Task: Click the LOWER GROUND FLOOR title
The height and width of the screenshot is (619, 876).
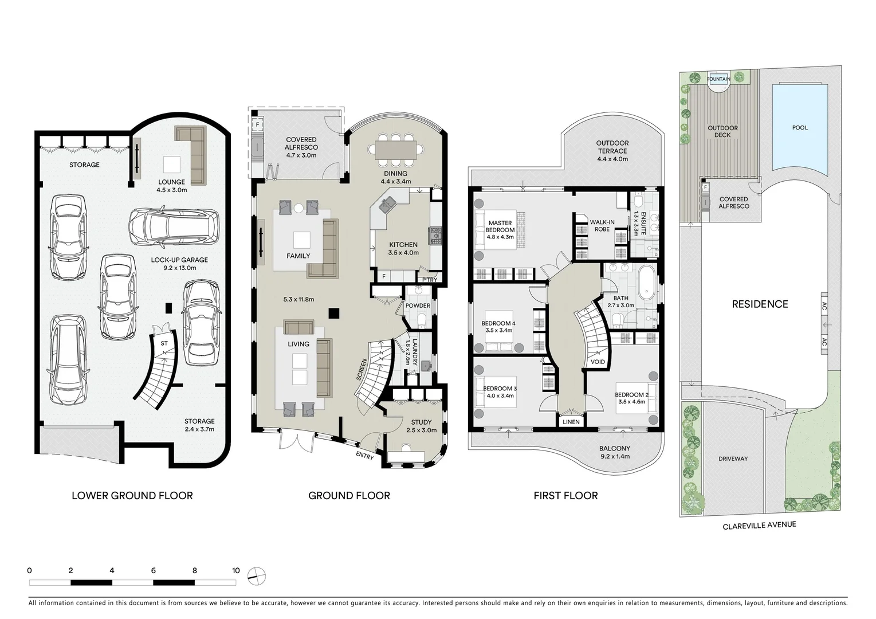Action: tap(132, 496)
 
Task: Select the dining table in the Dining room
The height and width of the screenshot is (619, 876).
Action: tap(395, 149)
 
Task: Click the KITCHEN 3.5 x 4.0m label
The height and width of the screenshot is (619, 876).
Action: tap(403, 248)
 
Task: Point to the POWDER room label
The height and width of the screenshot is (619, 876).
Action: tap(418, 305)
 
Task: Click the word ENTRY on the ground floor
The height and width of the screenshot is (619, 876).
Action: tap(364, 457)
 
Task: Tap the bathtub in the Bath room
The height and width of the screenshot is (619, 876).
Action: tap(649, 281)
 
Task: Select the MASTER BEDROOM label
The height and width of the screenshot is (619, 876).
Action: tap(500, 226)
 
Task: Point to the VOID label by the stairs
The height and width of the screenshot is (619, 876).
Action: tap(597, 362)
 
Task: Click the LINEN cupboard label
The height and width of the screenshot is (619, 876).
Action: tap(571, 422)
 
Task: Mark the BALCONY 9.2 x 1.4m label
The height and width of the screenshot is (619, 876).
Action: tap(614, 452)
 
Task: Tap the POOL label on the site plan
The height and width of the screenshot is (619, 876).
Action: tap(800, 128)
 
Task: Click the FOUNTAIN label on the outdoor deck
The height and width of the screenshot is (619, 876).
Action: tap(718, 79)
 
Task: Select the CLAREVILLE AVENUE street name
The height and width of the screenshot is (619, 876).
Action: tap(759, 526)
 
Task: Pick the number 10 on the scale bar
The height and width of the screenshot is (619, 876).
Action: tap(235, 571)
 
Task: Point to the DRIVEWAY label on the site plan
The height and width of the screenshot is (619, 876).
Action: tap(733, 459)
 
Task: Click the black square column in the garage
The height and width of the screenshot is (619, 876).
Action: tap(168, 308)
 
